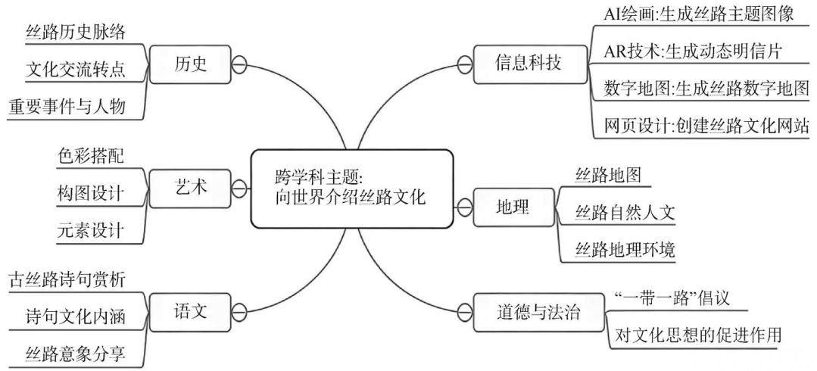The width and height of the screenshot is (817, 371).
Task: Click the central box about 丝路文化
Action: tap(351, 189)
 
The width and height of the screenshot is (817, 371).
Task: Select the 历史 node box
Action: tap(190, 64)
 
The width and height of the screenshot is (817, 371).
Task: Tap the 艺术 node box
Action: tap(190, 188)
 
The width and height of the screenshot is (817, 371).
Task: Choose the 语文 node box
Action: tap(190, 312)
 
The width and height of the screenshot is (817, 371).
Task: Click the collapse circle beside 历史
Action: tap(239, 64)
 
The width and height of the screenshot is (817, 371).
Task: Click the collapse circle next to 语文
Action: tap(239, 312)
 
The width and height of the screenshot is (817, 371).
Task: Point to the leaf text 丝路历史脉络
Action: tap(76, 33)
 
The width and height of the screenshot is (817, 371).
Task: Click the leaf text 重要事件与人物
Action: tap(67, 107)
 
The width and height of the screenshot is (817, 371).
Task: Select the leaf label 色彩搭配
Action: tap(91, 156)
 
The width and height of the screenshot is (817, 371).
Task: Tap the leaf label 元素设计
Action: tap(91, 229)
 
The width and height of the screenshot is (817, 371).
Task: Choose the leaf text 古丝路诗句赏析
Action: tap(67, 280)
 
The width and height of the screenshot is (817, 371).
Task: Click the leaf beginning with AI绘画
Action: tap(699, 14)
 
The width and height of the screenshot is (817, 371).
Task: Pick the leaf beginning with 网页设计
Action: tap(706, 126)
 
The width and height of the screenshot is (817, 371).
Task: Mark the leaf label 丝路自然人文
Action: tap(625, 213)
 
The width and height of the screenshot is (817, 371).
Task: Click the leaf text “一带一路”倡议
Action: tap(672, 298)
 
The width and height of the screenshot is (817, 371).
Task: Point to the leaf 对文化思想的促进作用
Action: tap(698, 335)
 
